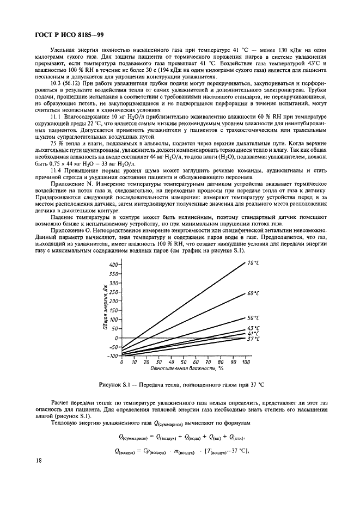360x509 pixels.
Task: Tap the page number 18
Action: [37, 475]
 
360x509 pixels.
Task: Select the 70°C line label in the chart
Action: [253, 263]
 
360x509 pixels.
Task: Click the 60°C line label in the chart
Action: [253, 293]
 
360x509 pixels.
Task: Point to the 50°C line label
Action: [253, 317]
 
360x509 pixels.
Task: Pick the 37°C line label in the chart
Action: [253, 339]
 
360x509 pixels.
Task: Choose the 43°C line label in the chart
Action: [253, 328]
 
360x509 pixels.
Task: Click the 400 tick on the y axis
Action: [113, 265]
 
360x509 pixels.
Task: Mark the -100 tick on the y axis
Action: [113, 355]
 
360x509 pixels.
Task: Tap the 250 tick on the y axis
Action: [113, 292]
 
